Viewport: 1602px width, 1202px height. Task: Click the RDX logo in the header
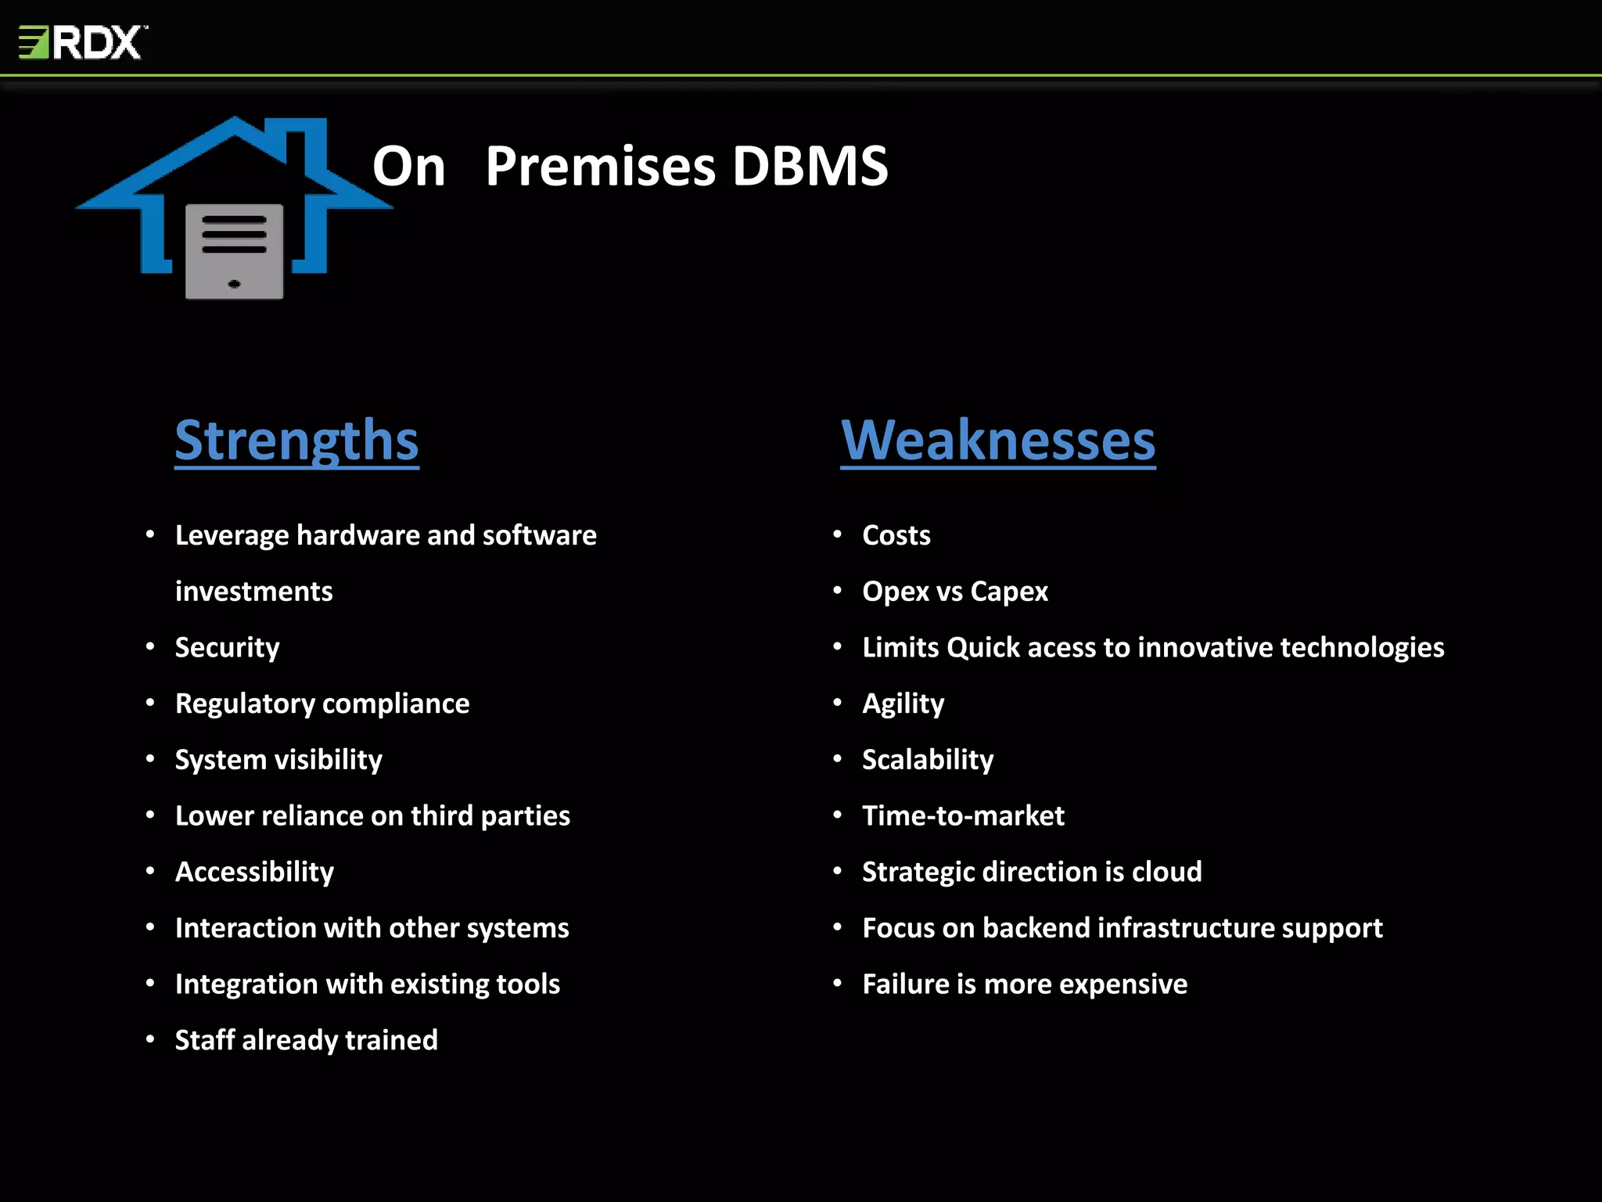click(82, 42)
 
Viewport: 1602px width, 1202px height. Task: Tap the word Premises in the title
click(599, 167)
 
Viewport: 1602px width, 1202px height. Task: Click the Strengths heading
click(296, 441)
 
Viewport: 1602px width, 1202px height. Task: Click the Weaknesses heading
click(997, 441)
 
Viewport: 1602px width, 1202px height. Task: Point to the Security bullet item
click(227, 647)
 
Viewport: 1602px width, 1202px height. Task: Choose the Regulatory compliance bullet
click(321, 704)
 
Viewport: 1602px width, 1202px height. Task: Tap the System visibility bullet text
click(278, 760)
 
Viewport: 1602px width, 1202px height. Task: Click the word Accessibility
click(254, 872)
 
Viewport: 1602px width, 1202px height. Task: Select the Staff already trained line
click(306, 1040)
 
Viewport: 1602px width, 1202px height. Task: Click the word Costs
click(896, 535)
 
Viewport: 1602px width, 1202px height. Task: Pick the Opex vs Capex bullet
click(954, 592)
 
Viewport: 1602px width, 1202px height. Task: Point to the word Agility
click(903, 704)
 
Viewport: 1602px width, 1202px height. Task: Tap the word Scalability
click(927, 760)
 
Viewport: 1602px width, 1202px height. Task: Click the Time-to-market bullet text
click(963, 816)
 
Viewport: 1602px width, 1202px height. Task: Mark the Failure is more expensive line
click(1024, 984)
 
